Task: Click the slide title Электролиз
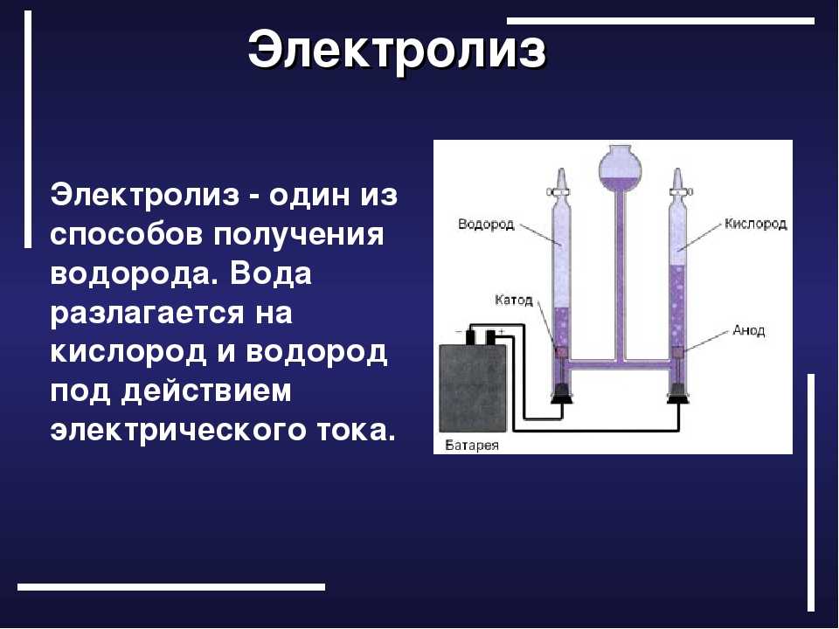click(x=397, y=51)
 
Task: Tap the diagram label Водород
click(x=486, y=224)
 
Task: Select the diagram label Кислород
click(x=755, y=224)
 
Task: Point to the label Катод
click(x=514, y=300)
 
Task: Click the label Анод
click(x=749, y=330)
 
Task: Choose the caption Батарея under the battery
click(x=472, y=445)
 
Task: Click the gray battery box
click(x=473, y=388)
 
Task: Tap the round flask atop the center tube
click(x=621, y=168)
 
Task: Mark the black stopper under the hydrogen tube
click(x=562, y=394)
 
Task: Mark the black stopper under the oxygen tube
click(x=678, y=394)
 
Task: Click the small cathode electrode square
click(x=561, y=352)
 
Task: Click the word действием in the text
click(x=206, y=392)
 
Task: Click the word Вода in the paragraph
click(x=271, y=273)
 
